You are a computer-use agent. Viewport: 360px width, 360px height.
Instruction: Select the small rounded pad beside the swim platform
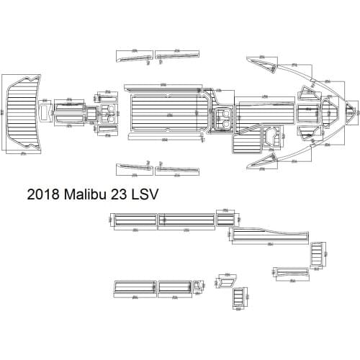tap(45, 114)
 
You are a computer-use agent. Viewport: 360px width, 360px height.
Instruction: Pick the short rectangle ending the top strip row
tap(226, 219)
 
